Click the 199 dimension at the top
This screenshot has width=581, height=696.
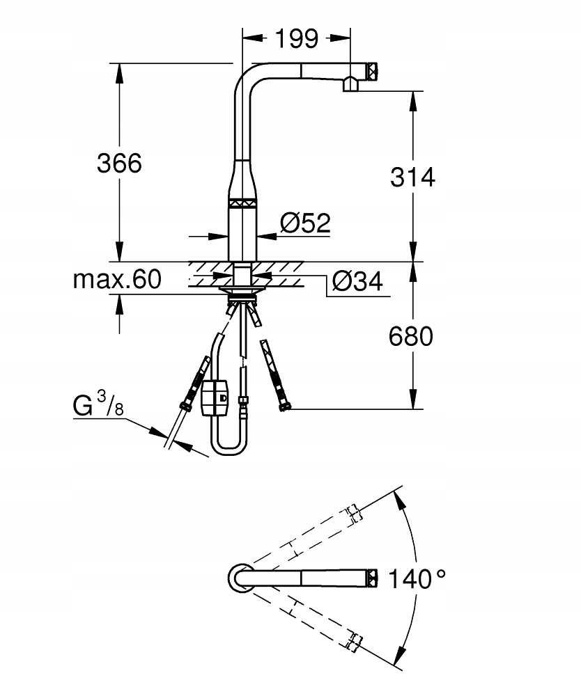point(297,38)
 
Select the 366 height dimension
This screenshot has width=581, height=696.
point(119,163)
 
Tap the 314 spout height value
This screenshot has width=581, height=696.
point(412,177)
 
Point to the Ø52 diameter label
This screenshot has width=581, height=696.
point(306,223)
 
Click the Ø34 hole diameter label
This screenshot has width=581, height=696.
point(357,280)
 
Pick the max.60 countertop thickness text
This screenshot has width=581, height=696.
point(117,279)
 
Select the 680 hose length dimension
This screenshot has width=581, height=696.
point(411,336)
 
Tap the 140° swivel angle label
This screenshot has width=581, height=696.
point(417,578)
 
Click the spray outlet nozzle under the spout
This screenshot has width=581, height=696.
point(350,84)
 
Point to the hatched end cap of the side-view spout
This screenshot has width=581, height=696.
point(372,70)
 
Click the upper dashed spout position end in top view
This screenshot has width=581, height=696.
point(354,513)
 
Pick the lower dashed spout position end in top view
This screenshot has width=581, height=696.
point(354,642)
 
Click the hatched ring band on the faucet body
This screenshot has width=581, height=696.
point(242,203)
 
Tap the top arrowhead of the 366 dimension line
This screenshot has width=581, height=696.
point(119,72)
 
